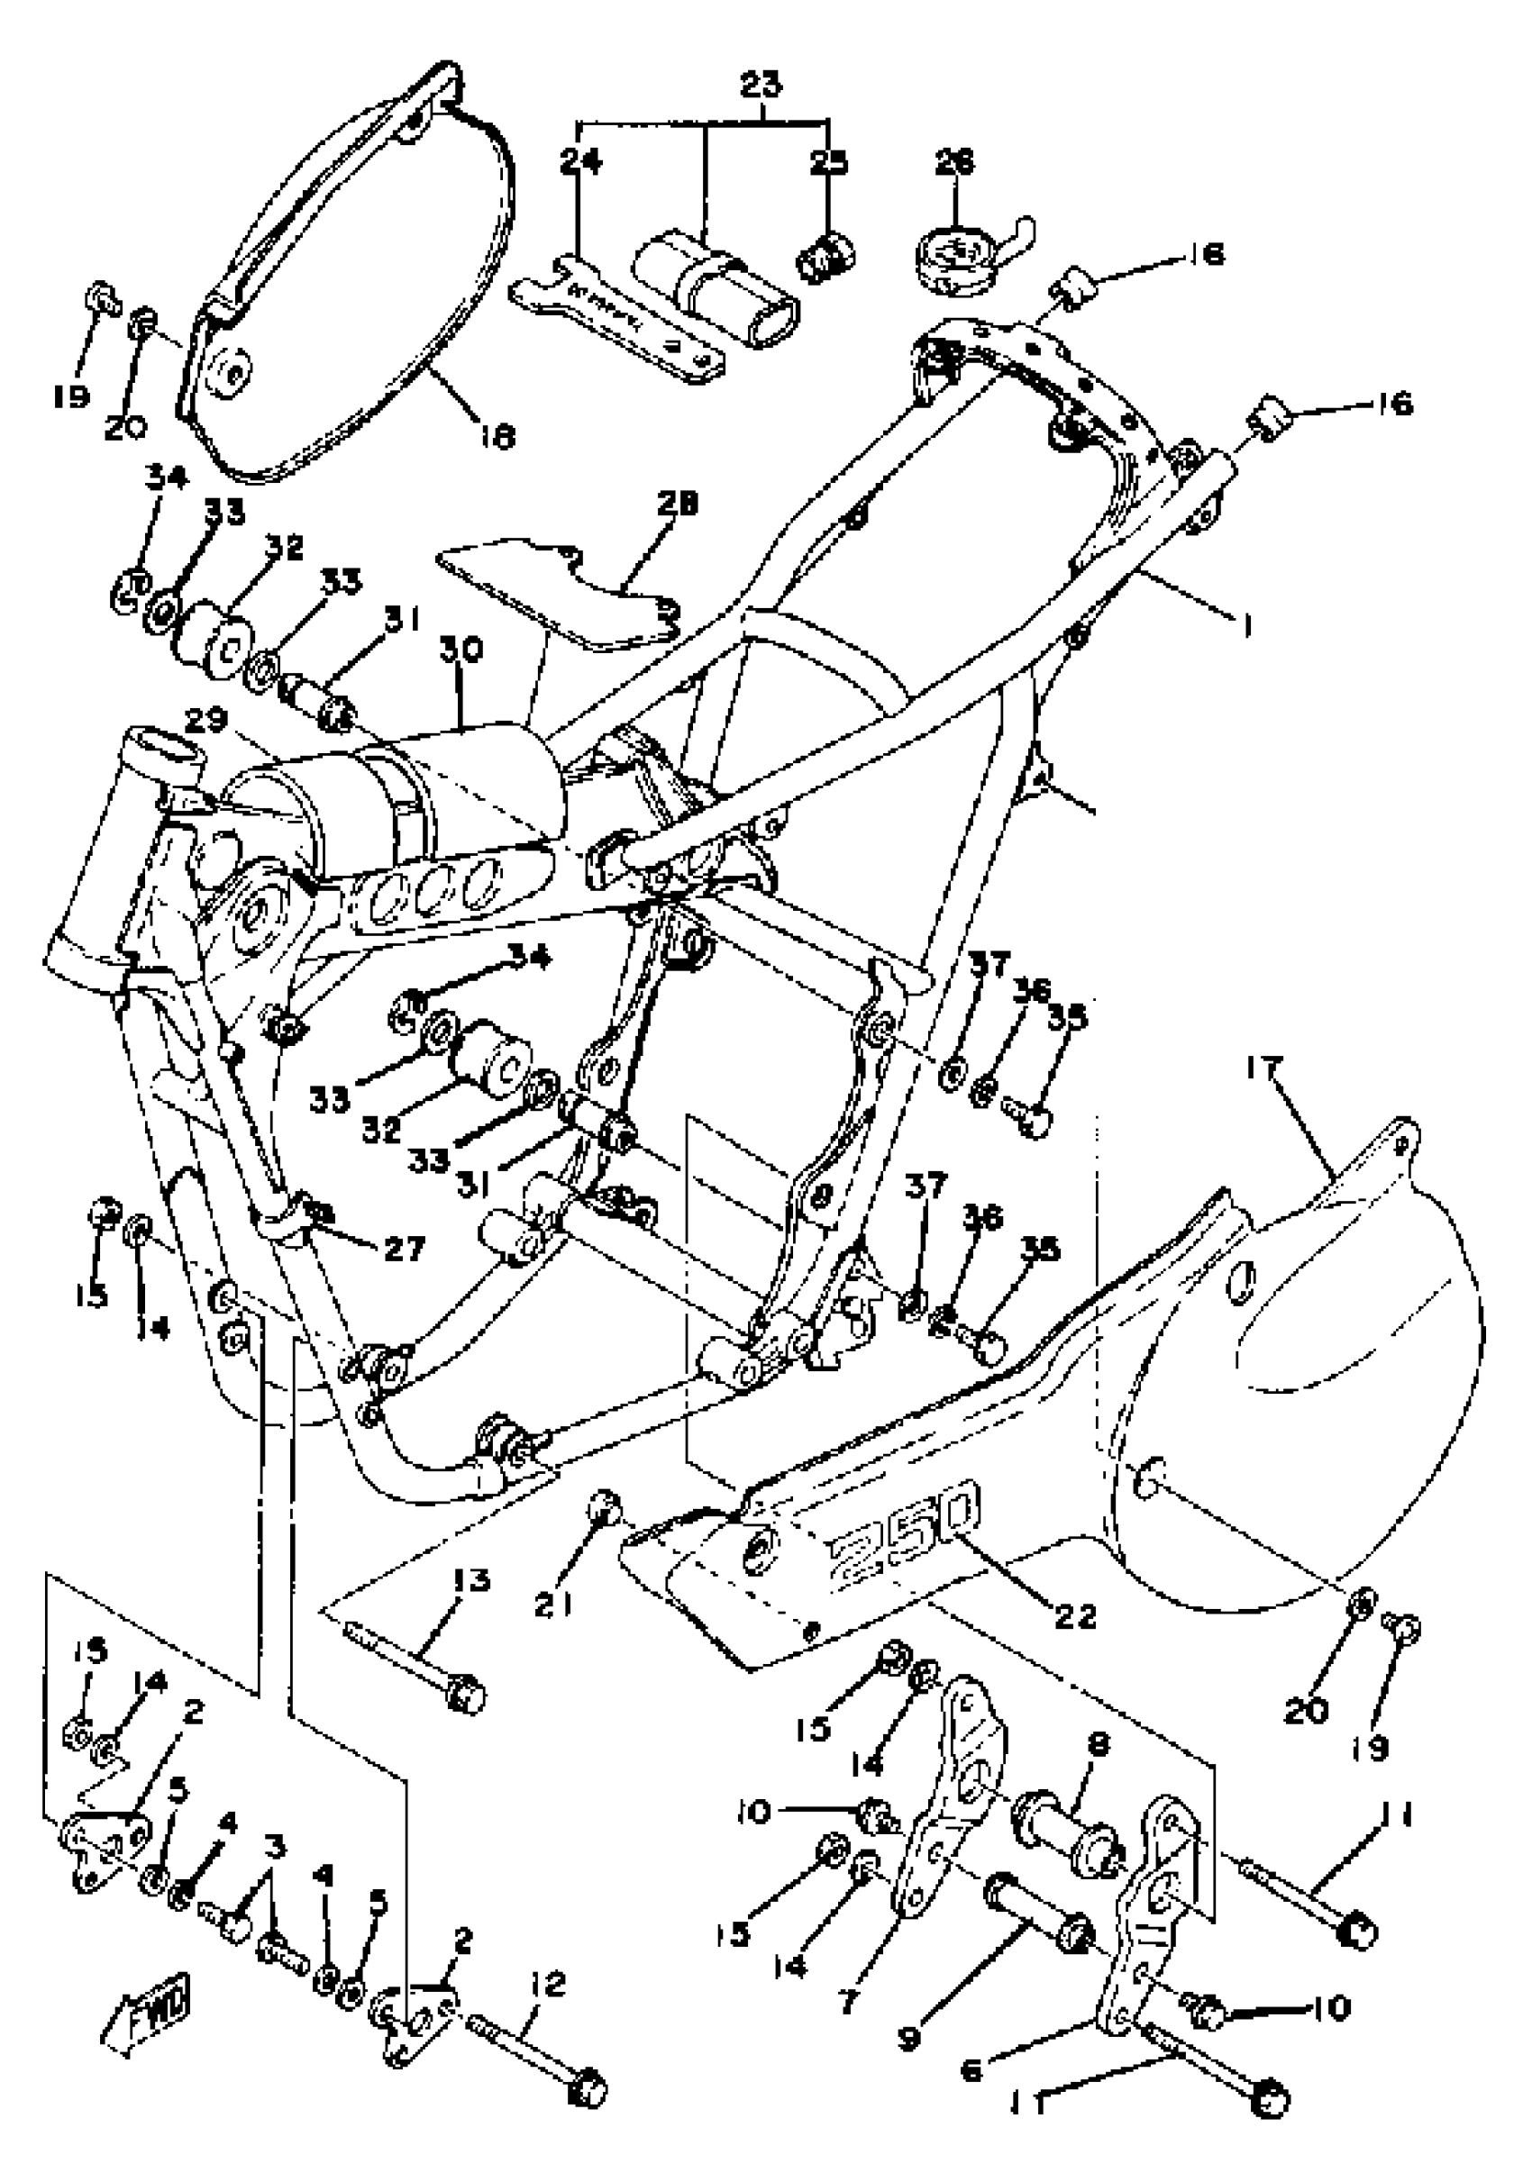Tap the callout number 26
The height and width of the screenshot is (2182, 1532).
(955, 162)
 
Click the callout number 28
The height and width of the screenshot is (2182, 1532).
(676, 503)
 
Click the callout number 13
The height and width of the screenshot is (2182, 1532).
(470, 1581)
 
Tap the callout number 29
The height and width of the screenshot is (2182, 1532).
(205, 722)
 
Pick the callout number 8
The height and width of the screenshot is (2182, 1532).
(1098, 1745)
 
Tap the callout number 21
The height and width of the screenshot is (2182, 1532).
(556, 1605)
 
